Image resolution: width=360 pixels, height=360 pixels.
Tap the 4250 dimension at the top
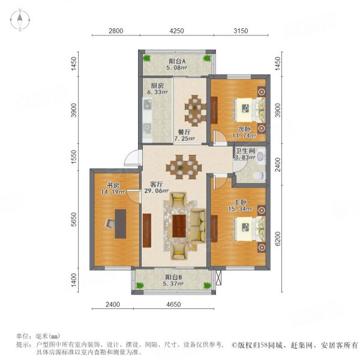pos(176,31)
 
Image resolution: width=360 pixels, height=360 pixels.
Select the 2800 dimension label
pos(116,31)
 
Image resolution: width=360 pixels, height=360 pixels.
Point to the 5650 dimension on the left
pos(73,220)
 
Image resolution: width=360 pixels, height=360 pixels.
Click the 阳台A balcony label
pos(176,61)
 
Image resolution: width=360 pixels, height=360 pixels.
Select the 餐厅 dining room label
pos(184,132)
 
